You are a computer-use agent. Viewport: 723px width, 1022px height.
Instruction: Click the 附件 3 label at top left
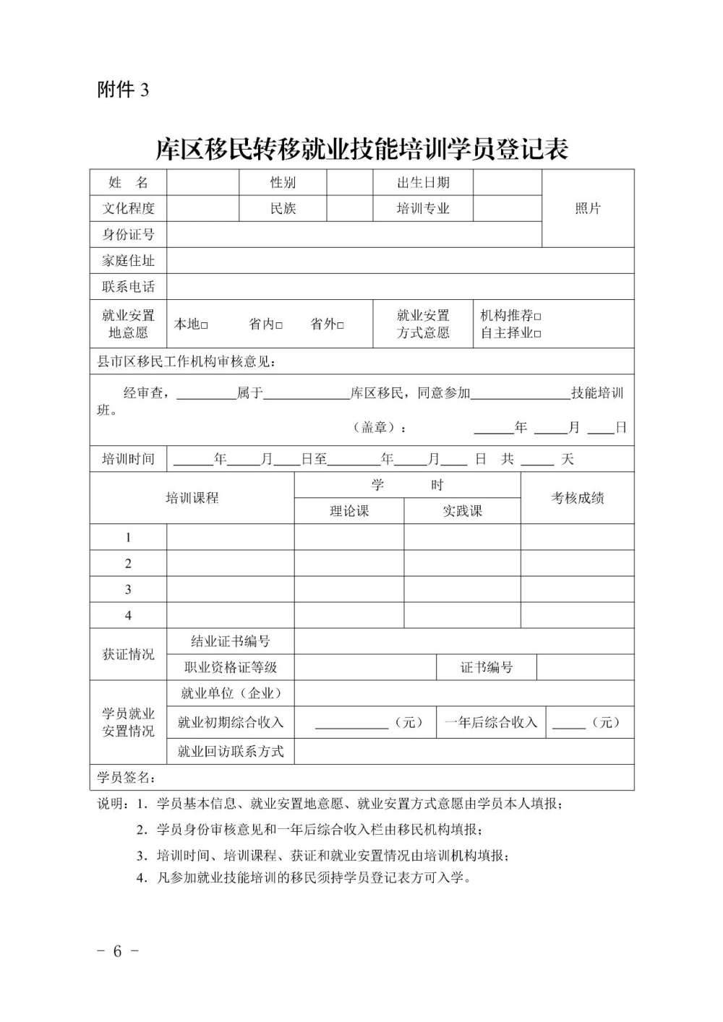pos(123,90)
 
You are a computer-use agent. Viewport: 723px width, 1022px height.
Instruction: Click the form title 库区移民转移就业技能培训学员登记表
pos(362,149)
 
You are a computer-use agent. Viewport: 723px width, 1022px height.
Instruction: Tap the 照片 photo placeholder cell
pos(588,209)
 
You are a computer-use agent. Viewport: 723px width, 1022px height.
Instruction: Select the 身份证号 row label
pos(128,235)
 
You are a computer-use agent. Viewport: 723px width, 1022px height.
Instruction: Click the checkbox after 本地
pos(205,325)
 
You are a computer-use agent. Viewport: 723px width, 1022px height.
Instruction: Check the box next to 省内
pos(279,325)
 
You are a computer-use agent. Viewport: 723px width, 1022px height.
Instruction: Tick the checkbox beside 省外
pos(341,325)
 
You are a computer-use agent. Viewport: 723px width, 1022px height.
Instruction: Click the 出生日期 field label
pos(423,183)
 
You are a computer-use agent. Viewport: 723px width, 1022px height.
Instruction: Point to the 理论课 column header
pos(349,511)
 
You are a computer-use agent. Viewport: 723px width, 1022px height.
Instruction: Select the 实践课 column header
pos(462,511)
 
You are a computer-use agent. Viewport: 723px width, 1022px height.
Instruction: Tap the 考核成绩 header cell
pos(578,498)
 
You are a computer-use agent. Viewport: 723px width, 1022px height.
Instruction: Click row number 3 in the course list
pos(128,590)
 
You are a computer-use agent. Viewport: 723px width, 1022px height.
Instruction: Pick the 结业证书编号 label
pos(230,642)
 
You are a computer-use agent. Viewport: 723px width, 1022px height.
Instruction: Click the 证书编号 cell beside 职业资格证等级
pos(487,668)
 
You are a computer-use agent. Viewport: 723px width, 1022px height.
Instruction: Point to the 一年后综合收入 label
pos(491,723)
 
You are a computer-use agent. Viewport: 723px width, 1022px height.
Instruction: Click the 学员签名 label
pos(126,778)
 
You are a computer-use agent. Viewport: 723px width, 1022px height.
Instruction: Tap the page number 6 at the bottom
pos(117,951)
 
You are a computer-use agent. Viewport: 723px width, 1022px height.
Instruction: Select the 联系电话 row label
pos(128,287)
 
